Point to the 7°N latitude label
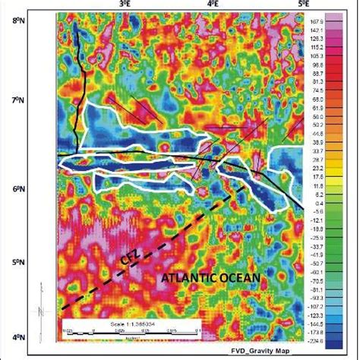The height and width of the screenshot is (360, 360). pyautogui.click(x=39, y=100)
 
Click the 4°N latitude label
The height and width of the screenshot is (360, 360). pyautogui.click(x=39, y=336)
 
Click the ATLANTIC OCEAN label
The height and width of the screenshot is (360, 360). pyautogui.click(x=210, y=279)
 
